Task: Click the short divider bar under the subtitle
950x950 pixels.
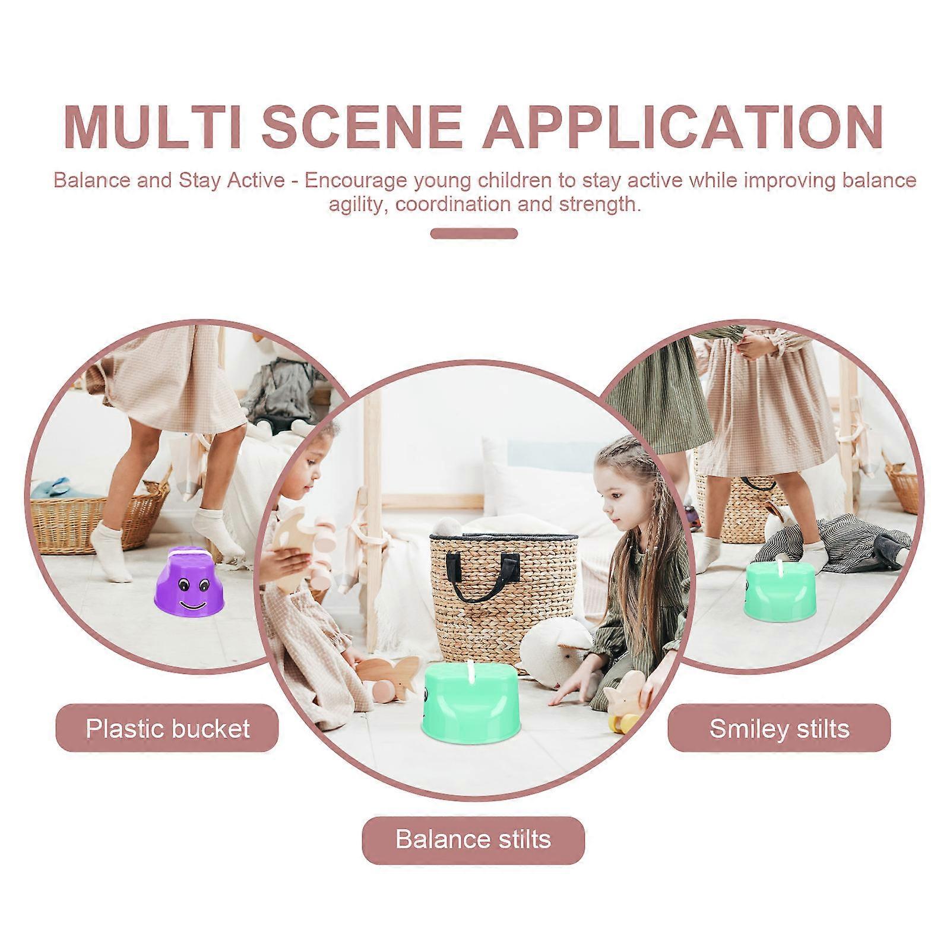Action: click(474, 233)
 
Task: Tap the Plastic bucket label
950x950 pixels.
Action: click(167, 729)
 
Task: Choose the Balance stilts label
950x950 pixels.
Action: click(473, 840)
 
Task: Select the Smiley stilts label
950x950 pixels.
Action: click(779, 729)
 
